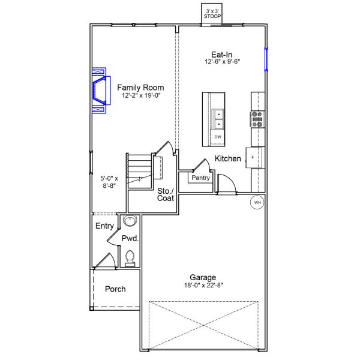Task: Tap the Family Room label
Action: point(140,87)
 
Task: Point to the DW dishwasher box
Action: point(217,137)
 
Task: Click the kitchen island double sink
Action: point(218,119)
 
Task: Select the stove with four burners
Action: point(257,119)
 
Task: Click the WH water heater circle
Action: point(257,202)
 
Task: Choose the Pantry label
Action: point(200,178)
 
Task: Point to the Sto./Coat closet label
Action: point(166,195)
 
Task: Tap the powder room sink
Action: point(130,221)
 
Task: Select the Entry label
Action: point(104,226)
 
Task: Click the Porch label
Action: point(115,289)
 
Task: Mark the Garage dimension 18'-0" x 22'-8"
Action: point(203,286)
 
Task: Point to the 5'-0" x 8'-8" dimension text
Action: point(109,182)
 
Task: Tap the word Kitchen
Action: point(228,159)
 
